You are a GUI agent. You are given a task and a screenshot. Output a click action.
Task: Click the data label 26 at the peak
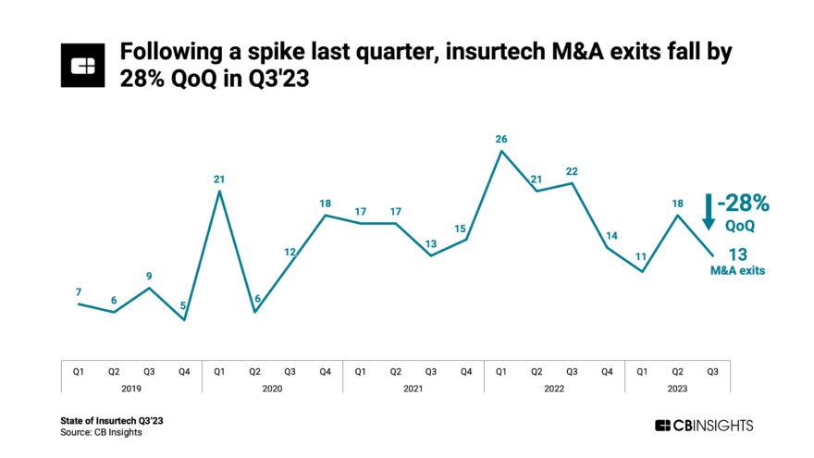click(x=500, y=140)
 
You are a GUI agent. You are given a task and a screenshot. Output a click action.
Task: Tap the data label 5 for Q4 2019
click(x=184, y=307)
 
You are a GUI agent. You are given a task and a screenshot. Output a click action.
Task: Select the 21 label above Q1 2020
click(x=219, y=179)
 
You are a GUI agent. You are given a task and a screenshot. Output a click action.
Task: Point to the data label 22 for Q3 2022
click(x=572, y=171)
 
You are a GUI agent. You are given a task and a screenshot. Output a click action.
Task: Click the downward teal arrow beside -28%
click(x=708, y=211)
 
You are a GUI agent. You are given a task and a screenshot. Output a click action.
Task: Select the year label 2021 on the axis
click(x=413, y=390)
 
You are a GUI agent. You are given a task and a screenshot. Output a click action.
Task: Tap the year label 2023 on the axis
click(x=677, y=390)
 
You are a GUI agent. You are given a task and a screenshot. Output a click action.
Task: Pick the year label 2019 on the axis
click(x=130, y=390)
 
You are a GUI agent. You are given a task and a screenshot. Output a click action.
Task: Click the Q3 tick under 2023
click(x=712, y=371)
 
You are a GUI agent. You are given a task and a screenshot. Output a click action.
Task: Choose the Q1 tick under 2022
click(x=500, y=371)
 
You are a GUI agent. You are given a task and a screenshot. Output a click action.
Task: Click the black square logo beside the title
click(x=83, y=64)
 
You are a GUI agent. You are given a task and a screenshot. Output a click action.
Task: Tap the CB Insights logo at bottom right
click(x=704, y=426)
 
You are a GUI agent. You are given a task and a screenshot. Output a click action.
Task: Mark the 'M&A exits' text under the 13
click(x=737, y=270)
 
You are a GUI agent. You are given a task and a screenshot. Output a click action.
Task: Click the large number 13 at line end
click(x=737, y=254)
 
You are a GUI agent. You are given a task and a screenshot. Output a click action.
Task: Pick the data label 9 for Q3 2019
click(x=149, y=276)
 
